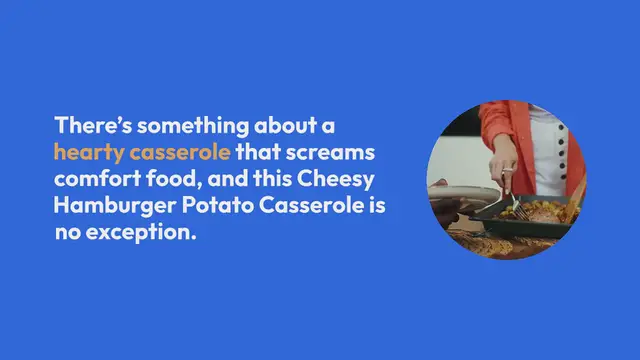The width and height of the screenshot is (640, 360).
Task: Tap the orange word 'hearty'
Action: click(87, 153)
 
